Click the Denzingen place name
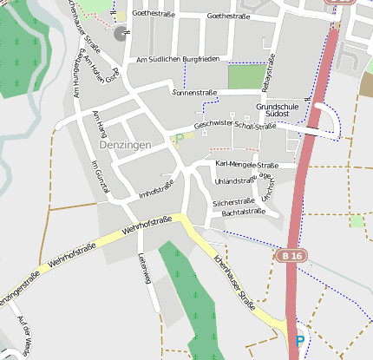click(x=126, y=145)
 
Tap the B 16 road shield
click(x=292, y=256)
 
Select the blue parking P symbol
click(x=299, y=342)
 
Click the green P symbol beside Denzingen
click(x=180, y=138)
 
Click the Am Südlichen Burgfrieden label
click(x=179, y=58)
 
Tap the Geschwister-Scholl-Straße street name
click(x=235, y=125)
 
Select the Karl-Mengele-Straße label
click(x=246, y=165)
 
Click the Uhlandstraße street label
click(x=234, y=181)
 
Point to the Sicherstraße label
click(x=233, y=201)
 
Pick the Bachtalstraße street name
click(x=243, y=212)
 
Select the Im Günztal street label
click(x=100, y=176)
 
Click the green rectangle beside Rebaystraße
click(x=245, y=78)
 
